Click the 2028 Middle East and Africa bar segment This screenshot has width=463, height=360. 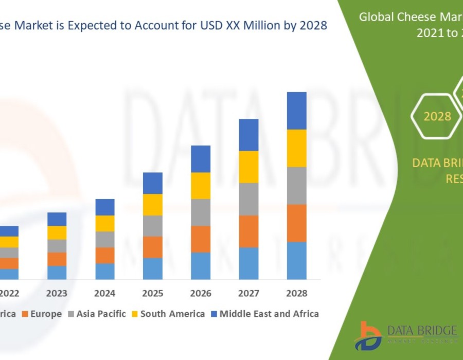pos(296,111)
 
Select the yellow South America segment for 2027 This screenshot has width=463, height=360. pos(248,167)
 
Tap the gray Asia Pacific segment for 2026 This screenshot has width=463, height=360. pos(201,212)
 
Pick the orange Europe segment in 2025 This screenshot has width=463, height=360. pos(153,247)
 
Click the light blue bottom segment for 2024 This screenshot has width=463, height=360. pos(105,271)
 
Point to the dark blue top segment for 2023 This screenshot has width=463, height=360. pos(57,219)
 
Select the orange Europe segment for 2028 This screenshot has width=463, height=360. pos(296,223)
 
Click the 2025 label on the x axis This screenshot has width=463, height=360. pos(153,294)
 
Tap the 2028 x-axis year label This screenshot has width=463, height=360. pos(296,294)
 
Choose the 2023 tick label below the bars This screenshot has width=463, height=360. pos(57,294)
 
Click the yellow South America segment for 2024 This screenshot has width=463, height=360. pos(105,223)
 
